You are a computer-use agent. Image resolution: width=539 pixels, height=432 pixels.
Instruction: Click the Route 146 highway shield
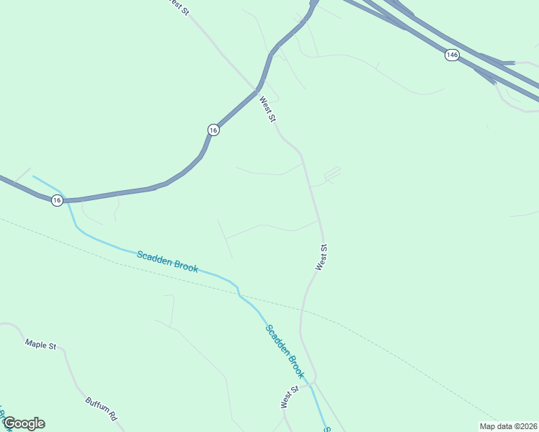[452, 55]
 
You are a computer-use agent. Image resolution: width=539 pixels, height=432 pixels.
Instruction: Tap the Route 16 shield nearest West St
[213, 130]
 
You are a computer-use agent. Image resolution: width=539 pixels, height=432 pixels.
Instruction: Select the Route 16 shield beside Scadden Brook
[57, 200]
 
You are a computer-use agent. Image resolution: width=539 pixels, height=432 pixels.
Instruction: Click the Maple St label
[40, 346]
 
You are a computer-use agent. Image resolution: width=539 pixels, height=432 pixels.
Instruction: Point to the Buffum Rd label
[101, 410]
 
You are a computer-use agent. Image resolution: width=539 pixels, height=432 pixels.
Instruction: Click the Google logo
[24, 423]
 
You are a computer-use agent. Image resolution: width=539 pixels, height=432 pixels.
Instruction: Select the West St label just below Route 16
[267, 109]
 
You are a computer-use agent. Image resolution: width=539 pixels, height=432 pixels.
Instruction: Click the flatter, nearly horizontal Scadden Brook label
[167, 261]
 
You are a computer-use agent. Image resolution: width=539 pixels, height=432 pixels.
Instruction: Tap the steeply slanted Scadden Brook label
[285, 351]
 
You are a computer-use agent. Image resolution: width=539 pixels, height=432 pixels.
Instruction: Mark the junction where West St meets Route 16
[257, 89]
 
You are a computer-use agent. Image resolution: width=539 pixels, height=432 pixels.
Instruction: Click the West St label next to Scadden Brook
[290, 397]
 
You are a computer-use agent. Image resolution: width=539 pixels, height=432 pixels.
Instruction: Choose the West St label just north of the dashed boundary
[321, 258]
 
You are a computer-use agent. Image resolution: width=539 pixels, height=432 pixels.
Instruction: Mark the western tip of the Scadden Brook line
[33, 176]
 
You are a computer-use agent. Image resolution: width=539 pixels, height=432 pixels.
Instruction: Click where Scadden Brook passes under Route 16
[66, 199]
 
